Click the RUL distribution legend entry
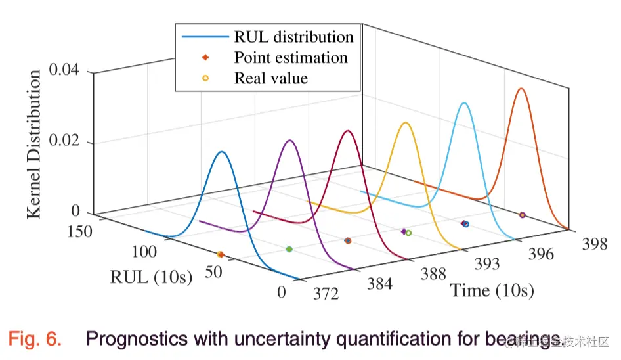pyautogui.click(x=293, y=37)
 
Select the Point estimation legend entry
pyautogui.click(x=291, y=57)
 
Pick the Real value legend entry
pyautogui.click(x=270, y=78)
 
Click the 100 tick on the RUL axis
pyautogui.click(x=143, y=252)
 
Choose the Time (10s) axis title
pyautogui.click(x=492, y=290)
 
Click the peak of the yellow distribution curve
pyautogui.click(x=406, y=122)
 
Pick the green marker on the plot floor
pyautogui.click(x=289, y=249)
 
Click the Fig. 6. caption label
pyautogui.click(x=35, y=340)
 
